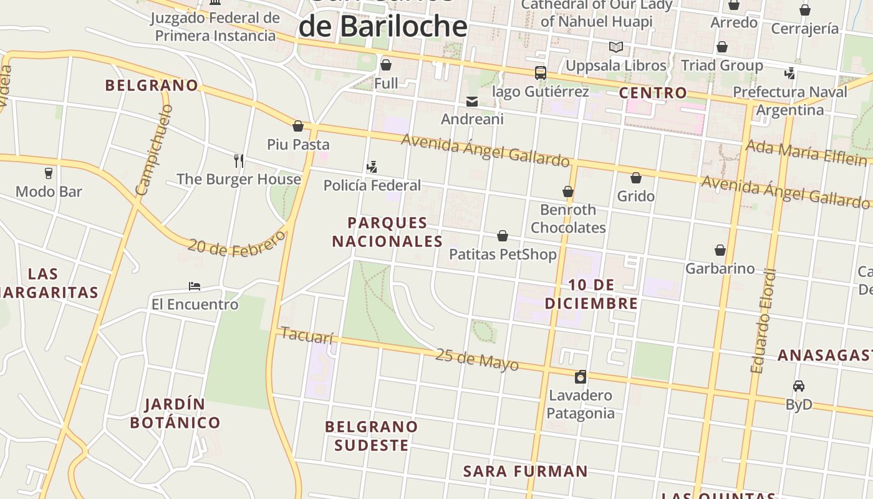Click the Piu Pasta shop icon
coord(298,126)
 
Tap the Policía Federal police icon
coord(372,167)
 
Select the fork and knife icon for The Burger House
coord(238,161)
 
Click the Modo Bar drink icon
coord(49,173)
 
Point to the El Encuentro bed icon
coord(195,286)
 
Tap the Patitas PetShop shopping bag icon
coord(503,236)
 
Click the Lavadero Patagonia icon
coord(581,377)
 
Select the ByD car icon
coord(799,386)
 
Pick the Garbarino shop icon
coord(720,250)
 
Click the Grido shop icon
coord(636,178)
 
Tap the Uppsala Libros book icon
coord(615,47)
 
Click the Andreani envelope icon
coord(472,101)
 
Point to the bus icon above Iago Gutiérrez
coord(540,73)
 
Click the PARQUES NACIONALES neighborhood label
coord(387,232)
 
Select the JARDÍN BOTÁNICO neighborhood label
coord(175,413)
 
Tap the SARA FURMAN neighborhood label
coord(525,471)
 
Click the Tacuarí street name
coord(307,336)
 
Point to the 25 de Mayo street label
coord(476,359)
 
